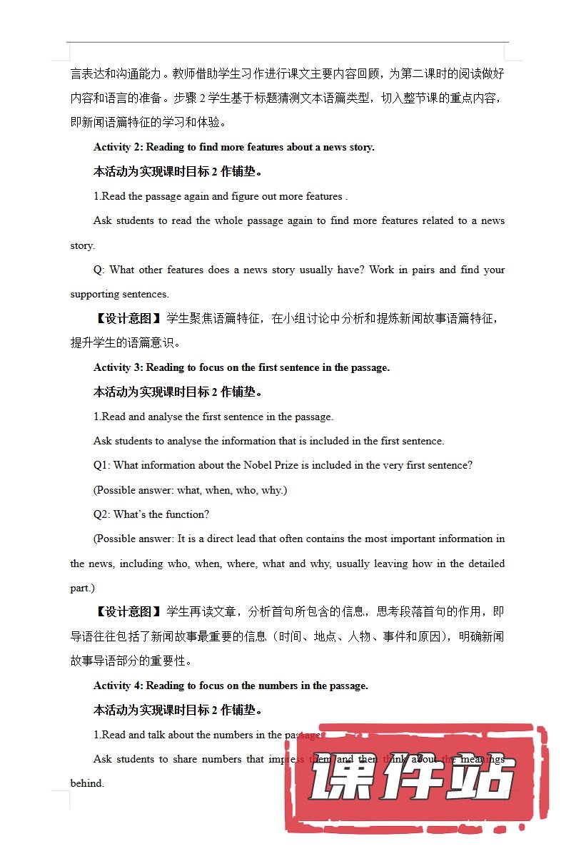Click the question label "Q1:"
102,465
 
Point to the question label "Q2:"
102,514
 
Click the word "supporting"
94,294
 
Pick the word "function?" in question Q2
188,514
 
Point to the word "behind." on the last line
87,783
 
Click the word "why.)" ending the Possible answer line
274,490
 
